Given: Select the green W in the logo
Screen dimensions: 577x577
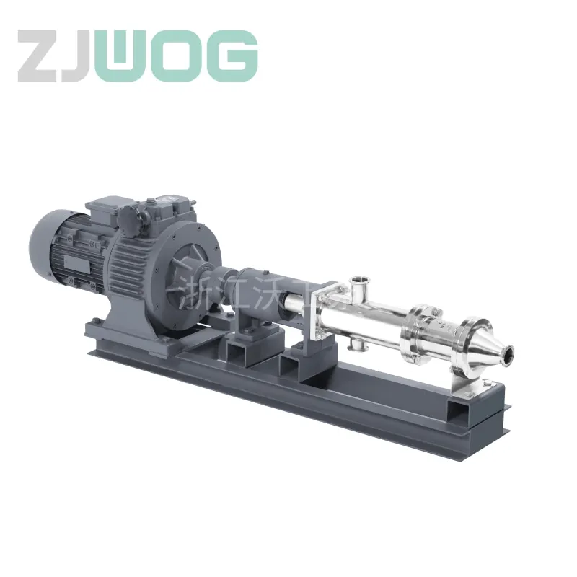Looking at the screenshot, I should [127, 56].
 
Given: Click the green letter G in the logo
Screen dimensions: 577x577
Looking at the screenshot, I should [232, 56].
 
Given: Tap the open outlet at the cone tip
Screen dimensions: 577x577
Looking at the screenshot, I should [508, 353].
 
